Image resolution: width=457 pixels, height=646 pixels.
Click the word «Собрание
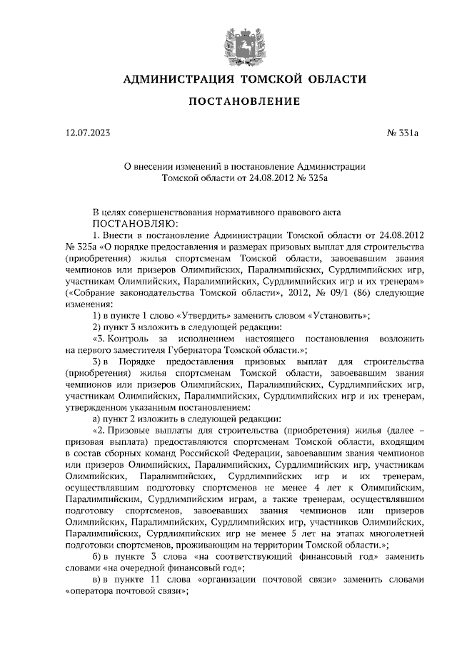[x=89, y=292]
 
